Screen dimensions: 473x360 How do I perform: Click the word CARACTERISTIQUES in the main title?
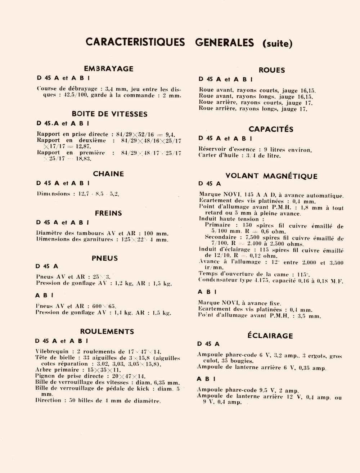click(135, 42)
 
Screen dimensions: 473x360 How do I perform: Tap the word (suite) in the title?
click(278, 44)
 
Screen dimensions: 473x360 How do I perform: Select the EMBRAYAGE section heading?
click(109, 68)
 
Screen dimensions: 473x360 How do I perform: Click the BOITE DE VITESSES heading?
click(109, 114)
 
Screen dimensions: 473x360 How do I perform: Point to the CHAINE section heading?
click(108, 174)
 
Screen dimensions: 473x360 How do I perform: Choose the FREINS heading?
click(108, 213)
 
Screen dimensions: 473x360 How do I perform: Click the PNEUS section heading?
click(105, 258)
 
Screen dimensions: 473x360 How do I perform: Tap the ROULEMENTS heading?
click(107, 332)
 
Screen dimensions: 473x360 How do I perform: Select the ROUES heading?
click(272, 70)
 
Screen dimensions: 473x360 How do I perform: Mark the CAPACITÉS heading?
click(271, 129)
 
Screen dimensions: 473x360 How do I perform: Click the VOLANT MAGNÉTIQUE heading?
click(271, 176)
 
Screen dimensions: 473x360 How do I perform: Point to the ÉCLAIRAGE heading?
click(270, 336)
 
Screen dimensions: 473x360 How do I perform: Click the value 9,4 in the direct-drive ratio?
click(170, 134)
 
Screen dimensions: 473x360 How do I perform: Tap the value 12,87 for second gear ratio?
click(83, 147)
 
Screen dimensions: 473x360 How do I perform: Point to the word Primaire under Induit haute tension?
click(217, 225)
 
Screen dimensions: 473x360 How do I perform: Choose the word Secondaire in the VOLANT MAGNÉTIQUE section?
click(221, 237)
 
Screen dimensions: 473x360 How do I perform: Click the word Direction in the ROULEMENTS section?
click(48, 400)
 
